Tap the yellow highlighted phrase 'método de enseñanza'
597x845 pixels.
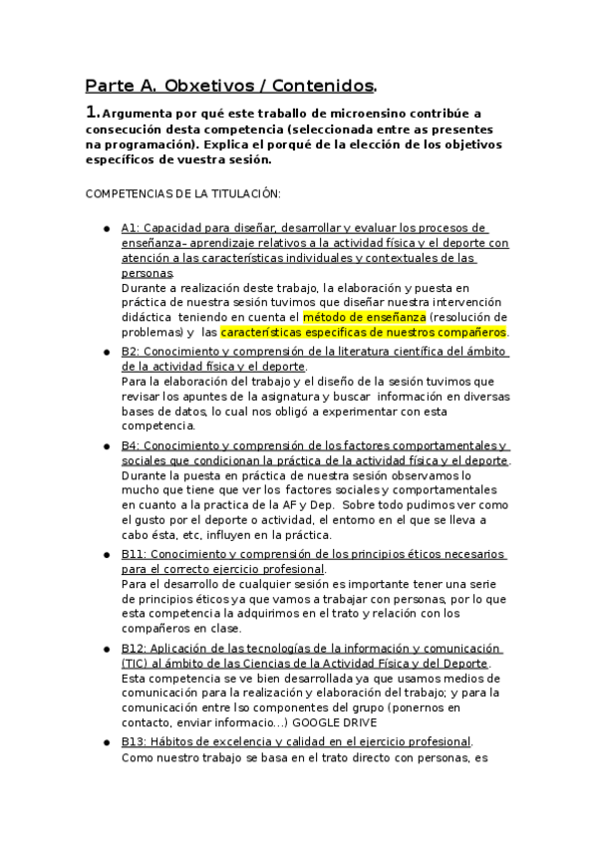point(359,317)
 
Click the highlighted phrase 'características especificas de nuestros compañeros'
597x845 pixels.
point(364,332)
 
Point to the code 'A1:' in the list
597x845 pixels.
point(131,228)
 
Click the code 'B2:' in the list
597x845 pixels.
point(131,352)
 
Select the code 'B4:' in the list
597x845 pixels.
point(131,445)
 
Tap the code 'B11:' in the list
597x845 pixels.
point(135,554)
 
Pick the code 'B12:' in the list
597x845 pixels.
point(135,648)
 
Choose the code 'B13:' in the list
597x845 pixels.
point(135,741)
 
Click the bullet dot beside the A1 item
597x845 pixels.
point(106,229)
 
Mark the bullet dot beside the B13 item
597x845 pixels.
point(106,742)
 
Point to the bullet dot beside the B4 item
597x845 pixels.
point(106,446)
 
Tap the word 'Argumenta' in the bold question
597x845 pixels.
point(135,115)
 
